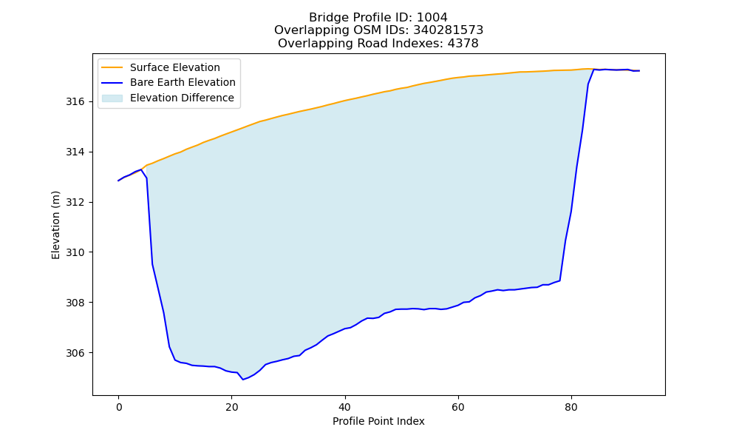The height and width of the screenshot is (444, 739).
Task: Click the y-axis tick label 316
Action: click(x=75, y=102)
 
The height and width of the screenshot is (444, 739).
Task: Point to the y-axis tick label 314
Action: click(x=75, y=152)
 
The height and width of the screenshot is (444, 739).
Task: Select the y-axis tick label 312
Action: click(x=75, y=203)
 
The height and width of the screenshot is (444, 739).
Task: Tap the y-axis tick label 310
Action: click(x=75, y=252)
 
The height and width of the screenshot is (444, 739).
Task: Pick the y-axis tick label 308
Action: click(x=75, y=303)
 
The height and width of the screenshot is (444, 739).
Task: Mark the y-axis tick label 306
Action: click(x=75, y=353)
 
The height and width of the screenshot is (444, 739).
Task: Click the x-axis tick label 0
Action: click(x=119, y=407)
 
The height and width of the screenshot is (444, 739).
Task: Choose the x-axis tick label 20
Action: click(x=232, y=407)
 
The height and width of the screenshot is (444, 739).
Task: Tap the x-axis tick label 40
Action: click(x=345, y=407)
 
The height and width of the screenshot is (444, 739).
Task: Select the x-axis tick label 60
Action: click(x=458, y=407)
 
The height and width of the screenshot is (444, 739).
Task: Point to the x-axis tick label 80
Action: click(x=571, y=407)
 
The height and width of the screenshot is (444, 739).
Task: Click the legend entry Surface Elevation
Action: click(x=175, y=67)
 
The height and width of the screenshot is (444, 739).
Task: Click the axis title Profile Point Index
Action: click(x=378, y=421)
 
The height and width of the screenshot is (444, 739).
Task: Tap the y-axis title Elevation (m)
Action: click(x=55, y=225)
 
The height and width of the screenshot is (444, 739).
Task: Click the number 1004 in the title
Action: click(x=432, y=18)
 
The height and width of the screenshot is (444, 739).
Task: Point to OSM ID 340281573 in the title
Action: click(x=449, y=30)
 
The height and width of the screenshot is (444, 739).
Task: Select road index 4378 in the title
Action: click(x=463, y=44)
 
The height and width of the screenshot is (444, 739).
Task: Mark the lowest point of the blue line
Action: click(x=243, y=380)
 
